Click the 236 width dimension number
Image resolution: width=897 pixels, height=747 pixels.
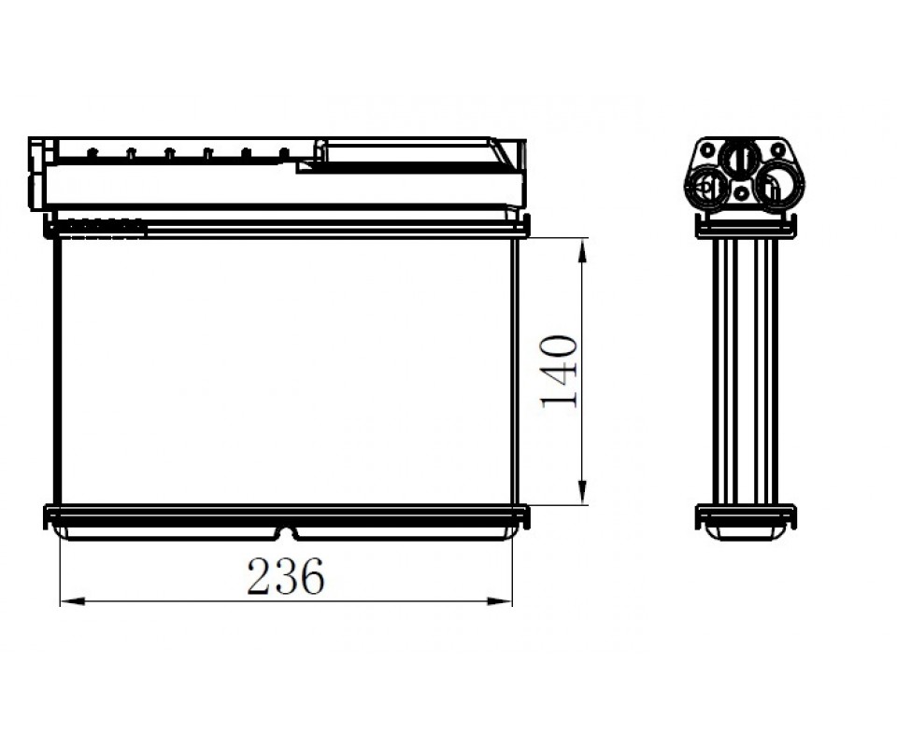coord(286,576)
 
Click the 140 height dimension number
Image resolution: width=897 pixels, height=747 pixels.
coord(559,371)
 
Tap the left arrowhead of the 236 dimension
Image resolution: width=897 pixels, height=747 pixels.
coord(73,601)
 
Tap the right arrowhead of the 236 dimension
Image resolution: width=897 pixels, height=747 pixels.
coord(499,601)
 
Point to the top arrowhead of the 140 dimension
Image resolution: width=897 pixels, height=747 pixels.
coord(582,250)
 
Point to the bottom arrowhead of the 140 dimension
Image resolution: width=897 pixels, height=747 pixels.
coord(582,492)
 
